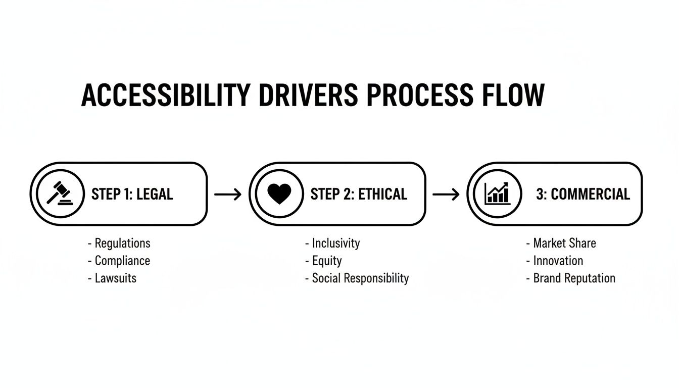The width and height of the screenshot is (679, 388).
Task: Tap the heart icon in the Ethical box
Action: pos(279,194)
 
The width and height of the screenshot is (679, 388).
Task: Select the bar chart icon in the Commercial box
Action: pos(497,194)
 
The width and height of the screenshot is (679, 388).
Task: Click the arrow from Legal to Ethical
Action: pos(228,194)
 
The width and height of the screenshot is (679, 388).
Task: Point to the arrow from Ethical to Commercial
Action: pos(446,194)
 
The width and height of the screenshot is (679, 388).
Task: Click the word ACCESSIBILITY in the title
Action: pos(165,95)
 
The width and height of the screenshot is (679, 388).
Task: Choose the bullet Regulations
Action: pos(122,244)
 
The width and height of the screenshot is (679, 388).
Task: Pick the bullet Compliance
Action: pos(122,261)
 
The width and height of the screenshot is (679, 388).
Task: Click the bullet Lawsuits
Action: pos(116,278)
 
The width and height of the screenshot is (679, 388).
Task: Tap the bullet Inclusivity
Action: pos(335,244)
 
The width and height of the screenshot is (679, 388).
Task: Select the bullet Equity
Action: pos(326,261)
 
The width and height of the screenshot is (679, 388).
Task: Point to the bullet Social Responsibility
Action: pos(360,278)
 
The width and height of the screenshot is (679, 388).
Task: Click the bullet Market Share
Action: pos(564,244)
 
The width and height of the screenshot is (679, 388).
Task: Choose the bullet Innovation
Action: pos(558,261)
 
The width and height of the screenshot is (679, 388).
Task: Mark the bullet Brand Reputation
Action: pos(574,278)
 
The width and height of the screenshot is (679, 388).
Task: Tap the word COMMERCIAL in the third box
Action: pos(590,194)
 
